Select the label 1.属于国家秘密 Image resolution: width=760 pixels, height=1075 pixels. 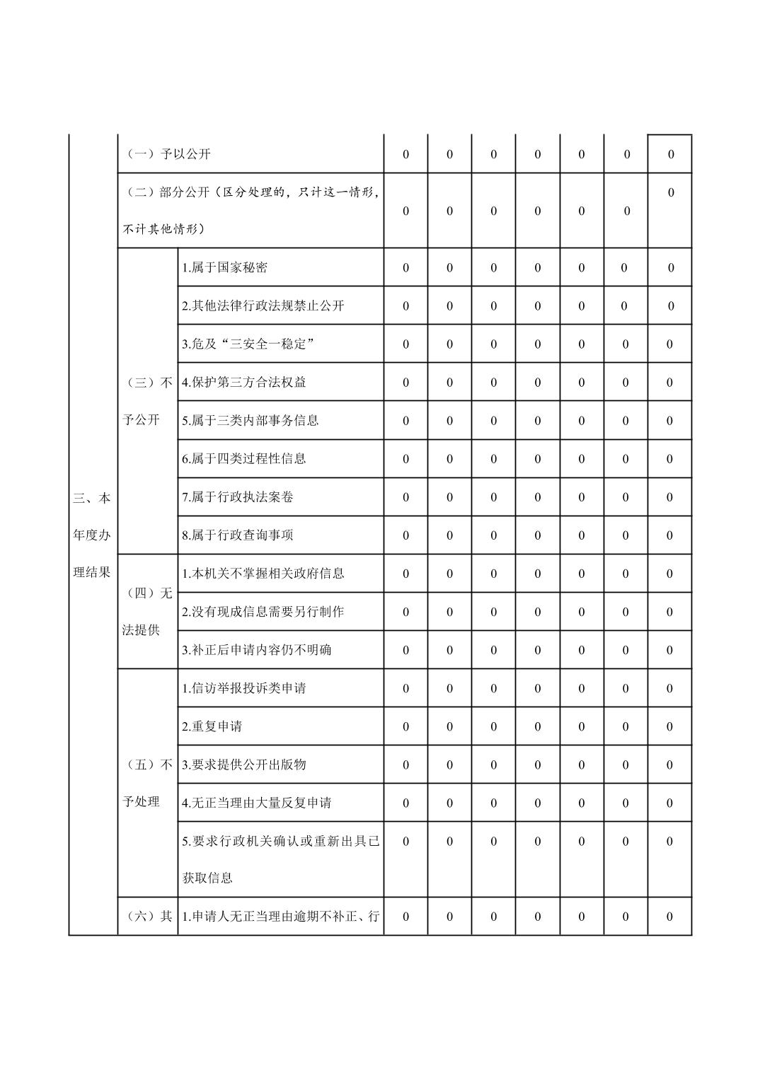pyautogui.click(x=224, y=268)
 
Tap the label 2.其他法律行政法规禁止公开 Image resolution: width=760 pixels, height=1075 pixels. pyautogui.click(x=263, y=306)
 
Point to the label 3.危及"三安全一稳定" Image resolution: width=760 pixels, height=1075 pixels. pyautogui.click(x=248, y=344)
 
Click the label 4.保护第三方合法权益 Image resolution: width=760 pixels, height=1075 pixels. pyautogui.click(x=243, y=383)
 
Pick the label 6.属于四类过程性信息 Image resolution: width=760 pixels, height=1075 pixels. pyautogui.click(x=243, y=459)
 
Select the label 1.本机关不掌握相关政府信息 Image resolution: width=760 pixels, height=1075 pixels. pyautogui.click(x=263, y=574)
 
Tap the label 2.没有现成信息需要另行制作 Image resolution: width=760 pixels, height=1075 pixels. pyautogui.click(x=263, y=612)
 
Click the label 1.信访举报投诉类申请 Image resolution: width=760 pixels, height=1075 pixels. pyautogui.click(x=243, y=688)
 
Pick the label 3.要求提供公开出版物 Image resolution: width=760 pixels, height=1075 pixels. pyautogui.click(x=243, y=765)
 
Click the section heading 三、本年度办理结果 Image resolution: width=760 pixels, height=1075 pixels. pyautogui.click(x=92, y=535)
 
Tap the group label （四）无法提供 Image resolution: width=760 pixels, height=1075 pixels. pyautogui.click(x=147, y=611)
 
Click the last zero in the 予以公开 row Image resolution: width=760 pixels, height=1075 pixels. pyautogui.click(x=670, y=154)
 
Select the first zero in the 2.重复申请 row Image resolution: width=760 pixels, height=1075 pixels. pyautogui.click(x=405, y=726)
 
